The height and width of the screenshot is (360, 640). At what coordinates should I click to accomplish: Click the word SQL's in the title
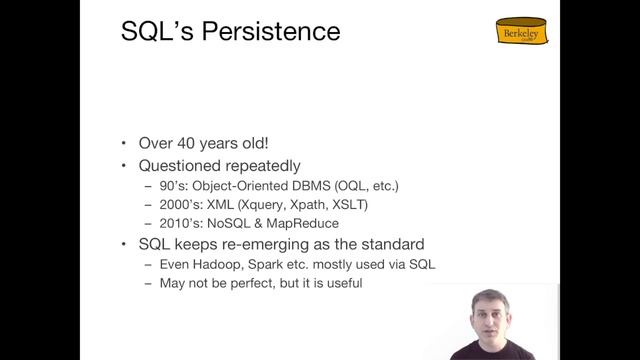click(151, 32)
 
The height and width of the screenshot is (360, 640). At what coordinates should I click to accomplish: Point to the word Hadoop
click(219, 263)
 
